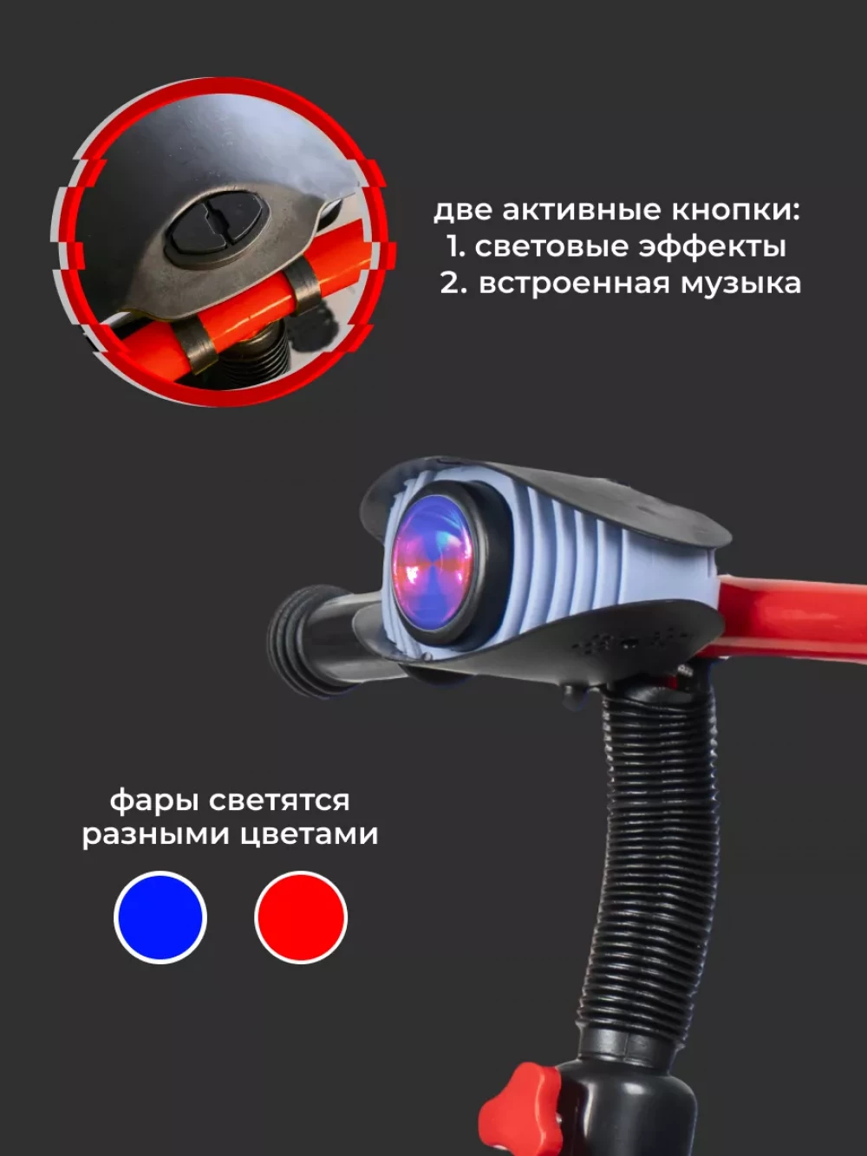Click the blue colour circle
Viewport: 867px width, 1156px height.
[x=160, y=918]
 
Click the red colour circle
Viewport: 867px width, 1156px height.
[x=301, y=918]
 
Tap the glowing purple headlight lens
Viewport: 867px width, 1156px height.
[x=433, y=563]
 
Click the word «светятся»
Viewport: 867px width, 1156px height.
[x=279, y=801]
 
